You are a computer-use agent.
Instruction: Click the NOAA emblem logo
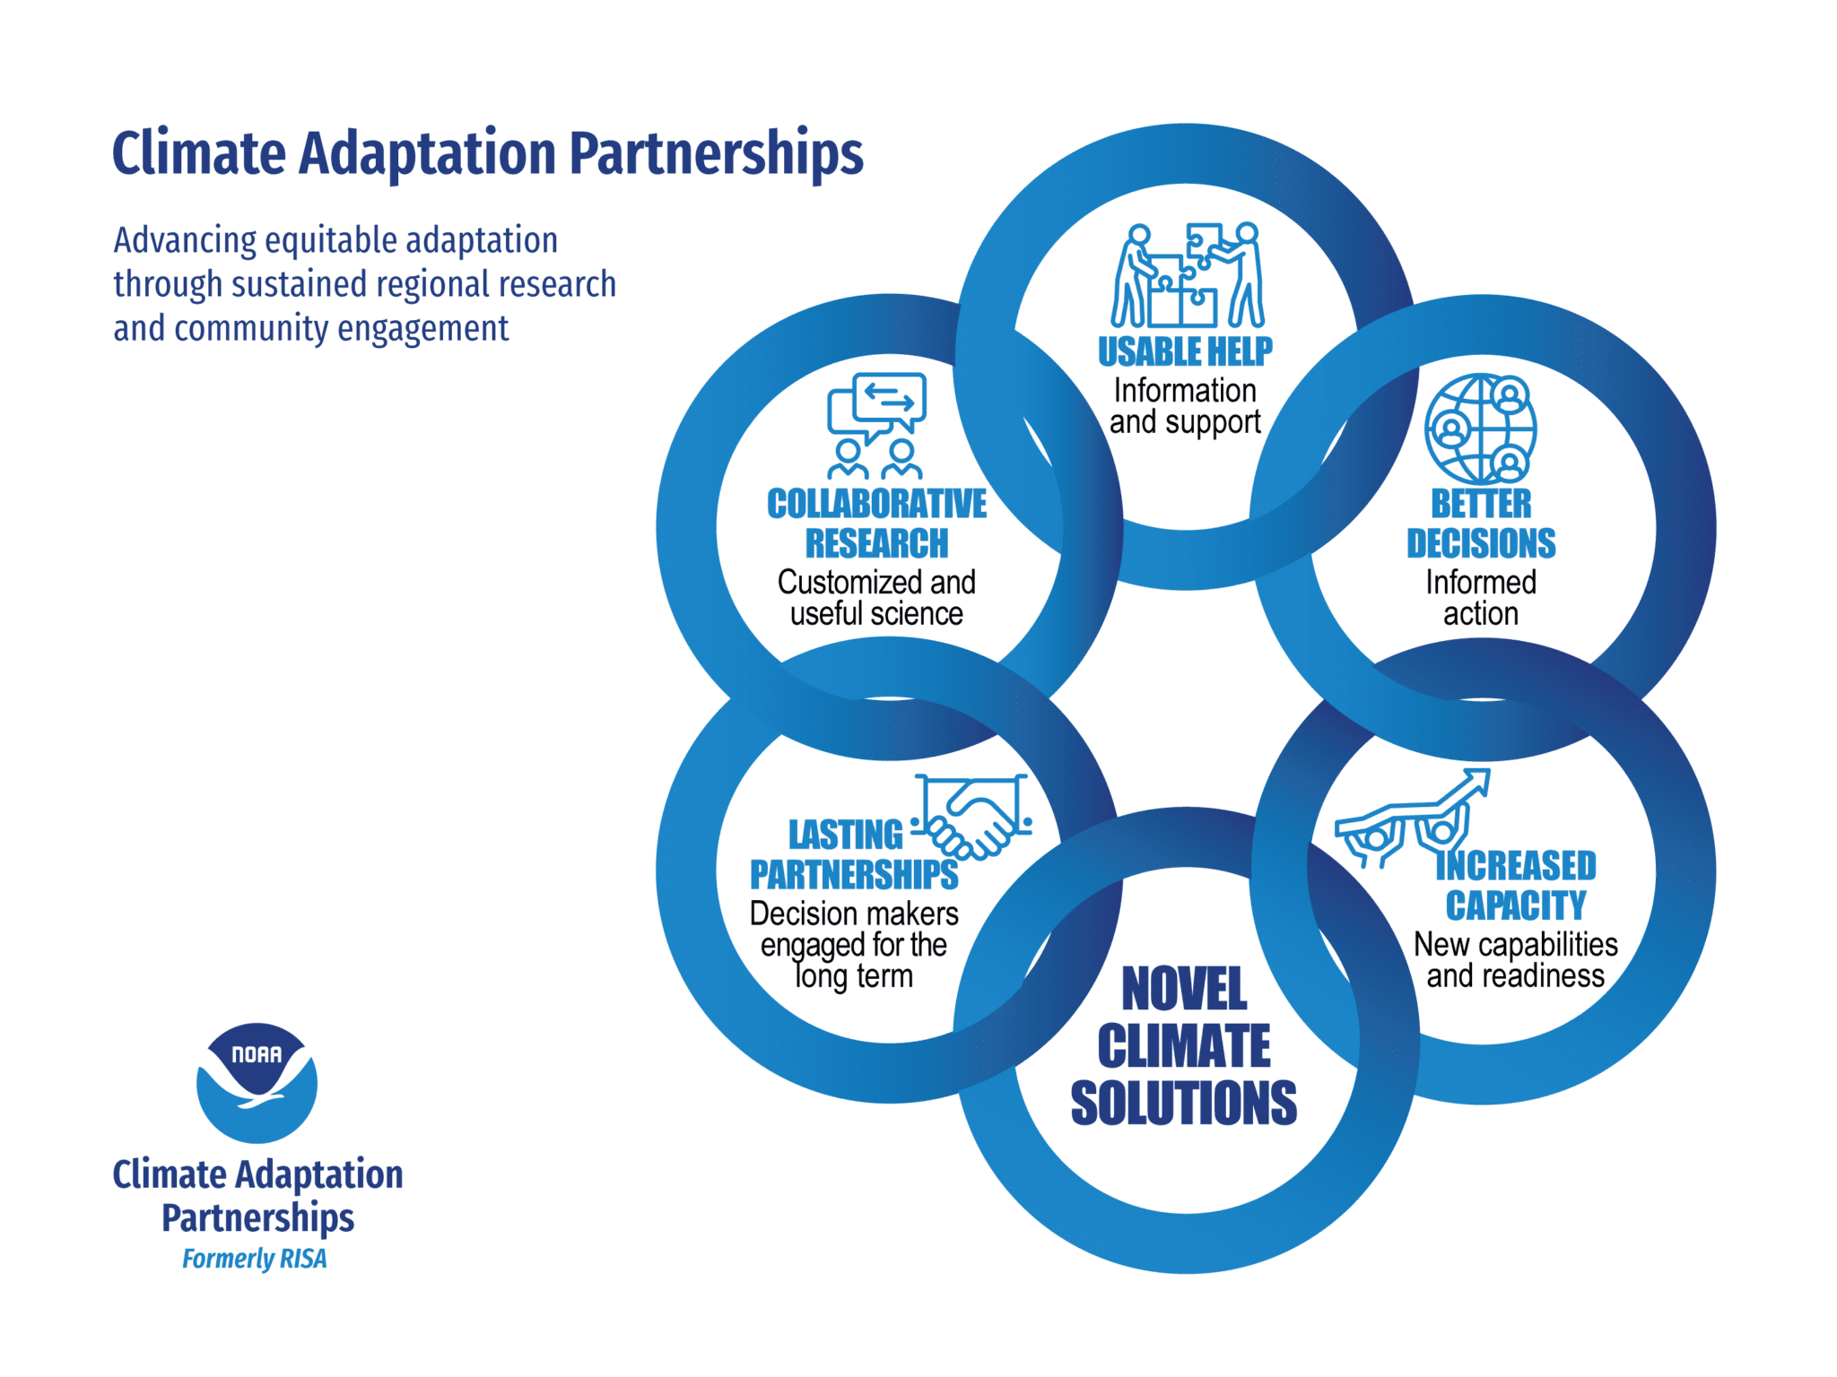pos(257,1083)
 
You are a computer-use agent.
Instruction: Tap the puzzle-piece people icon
pos(1188,274)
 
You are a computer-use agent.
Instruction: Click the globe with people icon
pos(1480,429)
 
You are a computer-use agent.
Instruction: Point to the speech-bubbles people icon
pos(876,425)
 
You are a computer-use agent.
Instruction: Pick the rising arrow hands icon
pos(1413,818)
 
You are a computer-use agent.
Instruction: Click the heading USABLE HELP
pos(1185,351)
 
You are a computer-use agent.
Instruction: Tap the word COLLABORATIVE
pos(876,504)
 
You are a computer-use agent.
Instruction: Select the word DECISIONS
pos(1481,543)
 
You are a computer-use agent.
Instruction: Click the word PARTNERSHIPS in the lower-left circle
pos(854,874)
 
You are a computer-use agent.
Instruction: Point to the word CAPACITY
pos(1516,905)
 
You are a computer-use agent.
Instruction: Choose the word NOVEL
pos(1184,989)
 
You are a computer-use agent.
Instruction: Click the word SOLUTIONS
pos(1184,1102)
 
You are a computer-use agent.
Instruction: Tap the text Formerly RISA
pos(255,1259)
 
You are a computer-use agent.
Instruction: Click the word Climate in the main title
pos(199,152)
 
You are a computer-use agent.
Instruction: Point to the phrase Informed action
pos(1481,598)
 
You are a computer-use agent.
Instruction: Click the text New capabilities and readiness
pos(1516,960)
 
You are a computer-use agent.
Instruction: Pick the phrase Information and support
pos(1185,407)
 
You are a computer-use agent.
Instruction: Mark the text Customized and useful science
pos(876,598)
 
